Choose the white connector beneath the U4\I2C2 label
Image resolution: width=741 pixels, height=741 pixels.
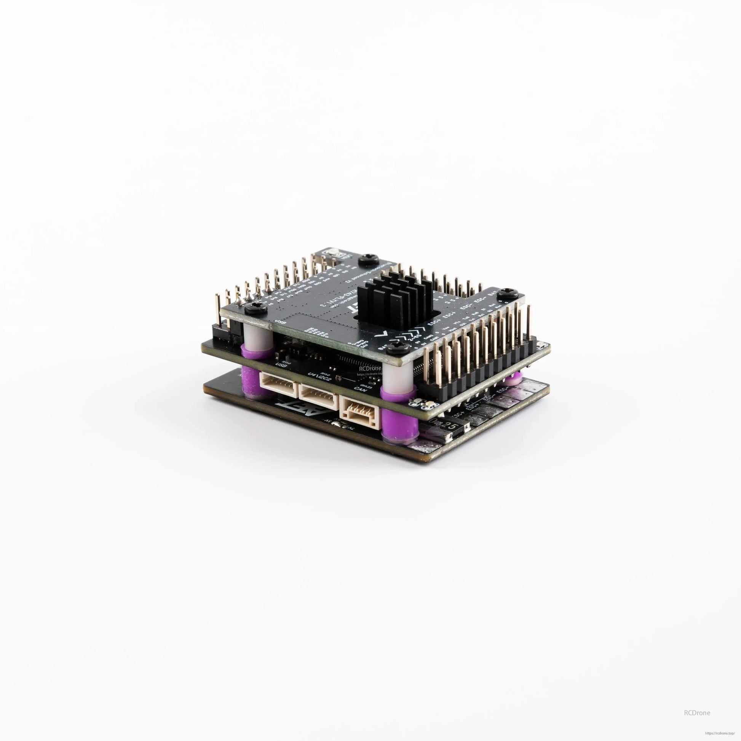pyautogui.click(x=318, y=392)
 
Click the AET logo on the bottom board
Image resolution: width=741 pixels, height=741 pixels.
pyautogui.click(x=299, y=408)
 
